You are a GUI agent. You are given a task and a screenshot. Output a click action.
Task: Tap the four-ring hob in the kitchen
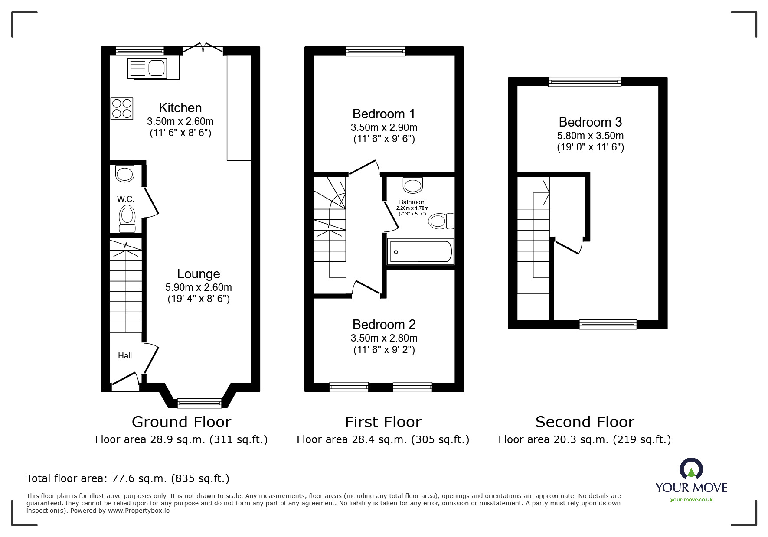click(122, 108)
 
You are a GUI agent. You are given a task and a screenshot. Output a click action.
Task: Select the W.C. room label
click(125, 199)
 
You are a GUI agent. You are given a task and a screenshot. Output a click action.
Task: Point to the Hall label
click(125, 355)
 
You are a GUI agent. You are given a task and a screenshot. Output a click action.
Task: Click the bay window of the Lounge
click(199, 403)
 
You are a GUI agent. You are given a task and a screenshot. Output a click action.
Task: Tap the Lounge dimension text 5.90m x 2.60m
click(198, 287)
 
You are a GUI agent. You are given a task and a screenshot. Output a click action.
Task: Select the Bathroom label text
click(412, 202)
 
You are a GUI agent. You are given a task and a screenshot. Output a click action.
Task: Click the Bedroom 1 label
click(383, 114)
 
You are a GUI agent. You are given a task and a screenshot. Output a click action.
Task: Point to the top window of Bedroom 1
click(376, 52)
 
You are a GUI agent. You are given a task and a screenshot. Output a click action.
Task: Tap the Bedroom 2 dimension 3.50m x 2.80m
click(384, 338)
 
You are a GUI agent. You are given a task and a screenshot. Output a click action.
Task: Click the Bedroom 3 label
click(590, 122)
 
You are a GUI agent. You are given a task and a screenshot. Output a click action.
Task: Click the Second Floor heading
click(585, 422)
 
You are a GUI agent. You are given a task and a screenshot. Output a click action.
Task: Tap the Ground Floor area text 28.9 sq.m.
click(181, 439)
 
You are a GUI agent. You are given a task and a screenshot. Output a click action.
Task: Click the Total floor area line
click(128, 478)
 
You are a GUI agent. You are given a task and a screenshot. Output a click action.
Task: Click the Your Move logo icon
click(691, 469)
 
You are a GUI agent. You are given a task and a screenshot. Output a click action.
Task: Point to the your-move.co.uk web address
click(691, 500)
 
